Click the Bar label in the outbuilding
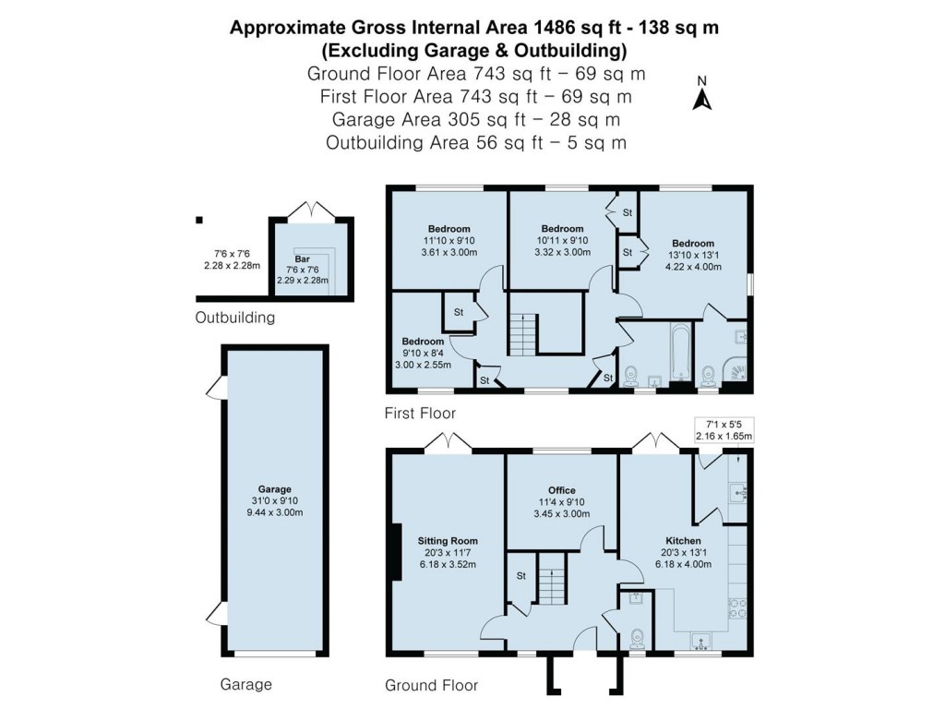pyautogui.click(x=302, y=259)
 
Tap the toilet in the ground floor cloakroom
pyautogui.click(x=636, y=638)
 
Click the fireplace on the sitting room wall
pyautogui.click(x=395, y=552)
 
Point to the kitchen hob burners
pyautogui.click(x=738, y=607)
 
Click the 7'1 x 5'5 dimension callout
pyautogui.click(x=724, y=430)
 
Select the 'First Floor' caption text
pyautogui.click(x=421, y=413)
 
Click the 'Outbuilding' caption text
pyautogui.click(x=235, y=318)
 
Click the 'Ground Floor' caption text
pyautogui.click(x=431, y=685)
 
